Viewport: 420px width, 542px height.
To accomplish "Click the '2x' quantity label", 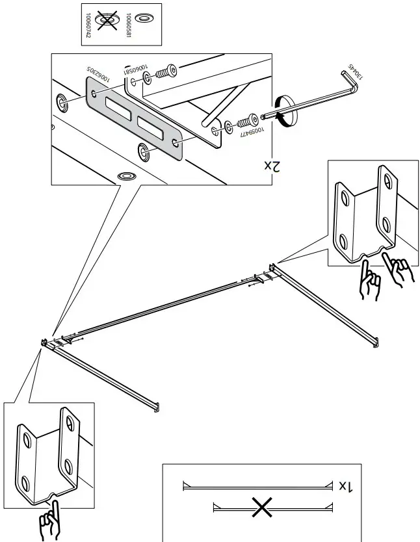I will tap(271, 166).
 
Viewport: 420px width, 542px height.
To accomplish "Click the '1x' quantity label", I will tap(346, 485).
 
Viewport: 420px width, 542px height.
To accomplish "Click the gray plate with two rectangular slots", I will tap(135, 117).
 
